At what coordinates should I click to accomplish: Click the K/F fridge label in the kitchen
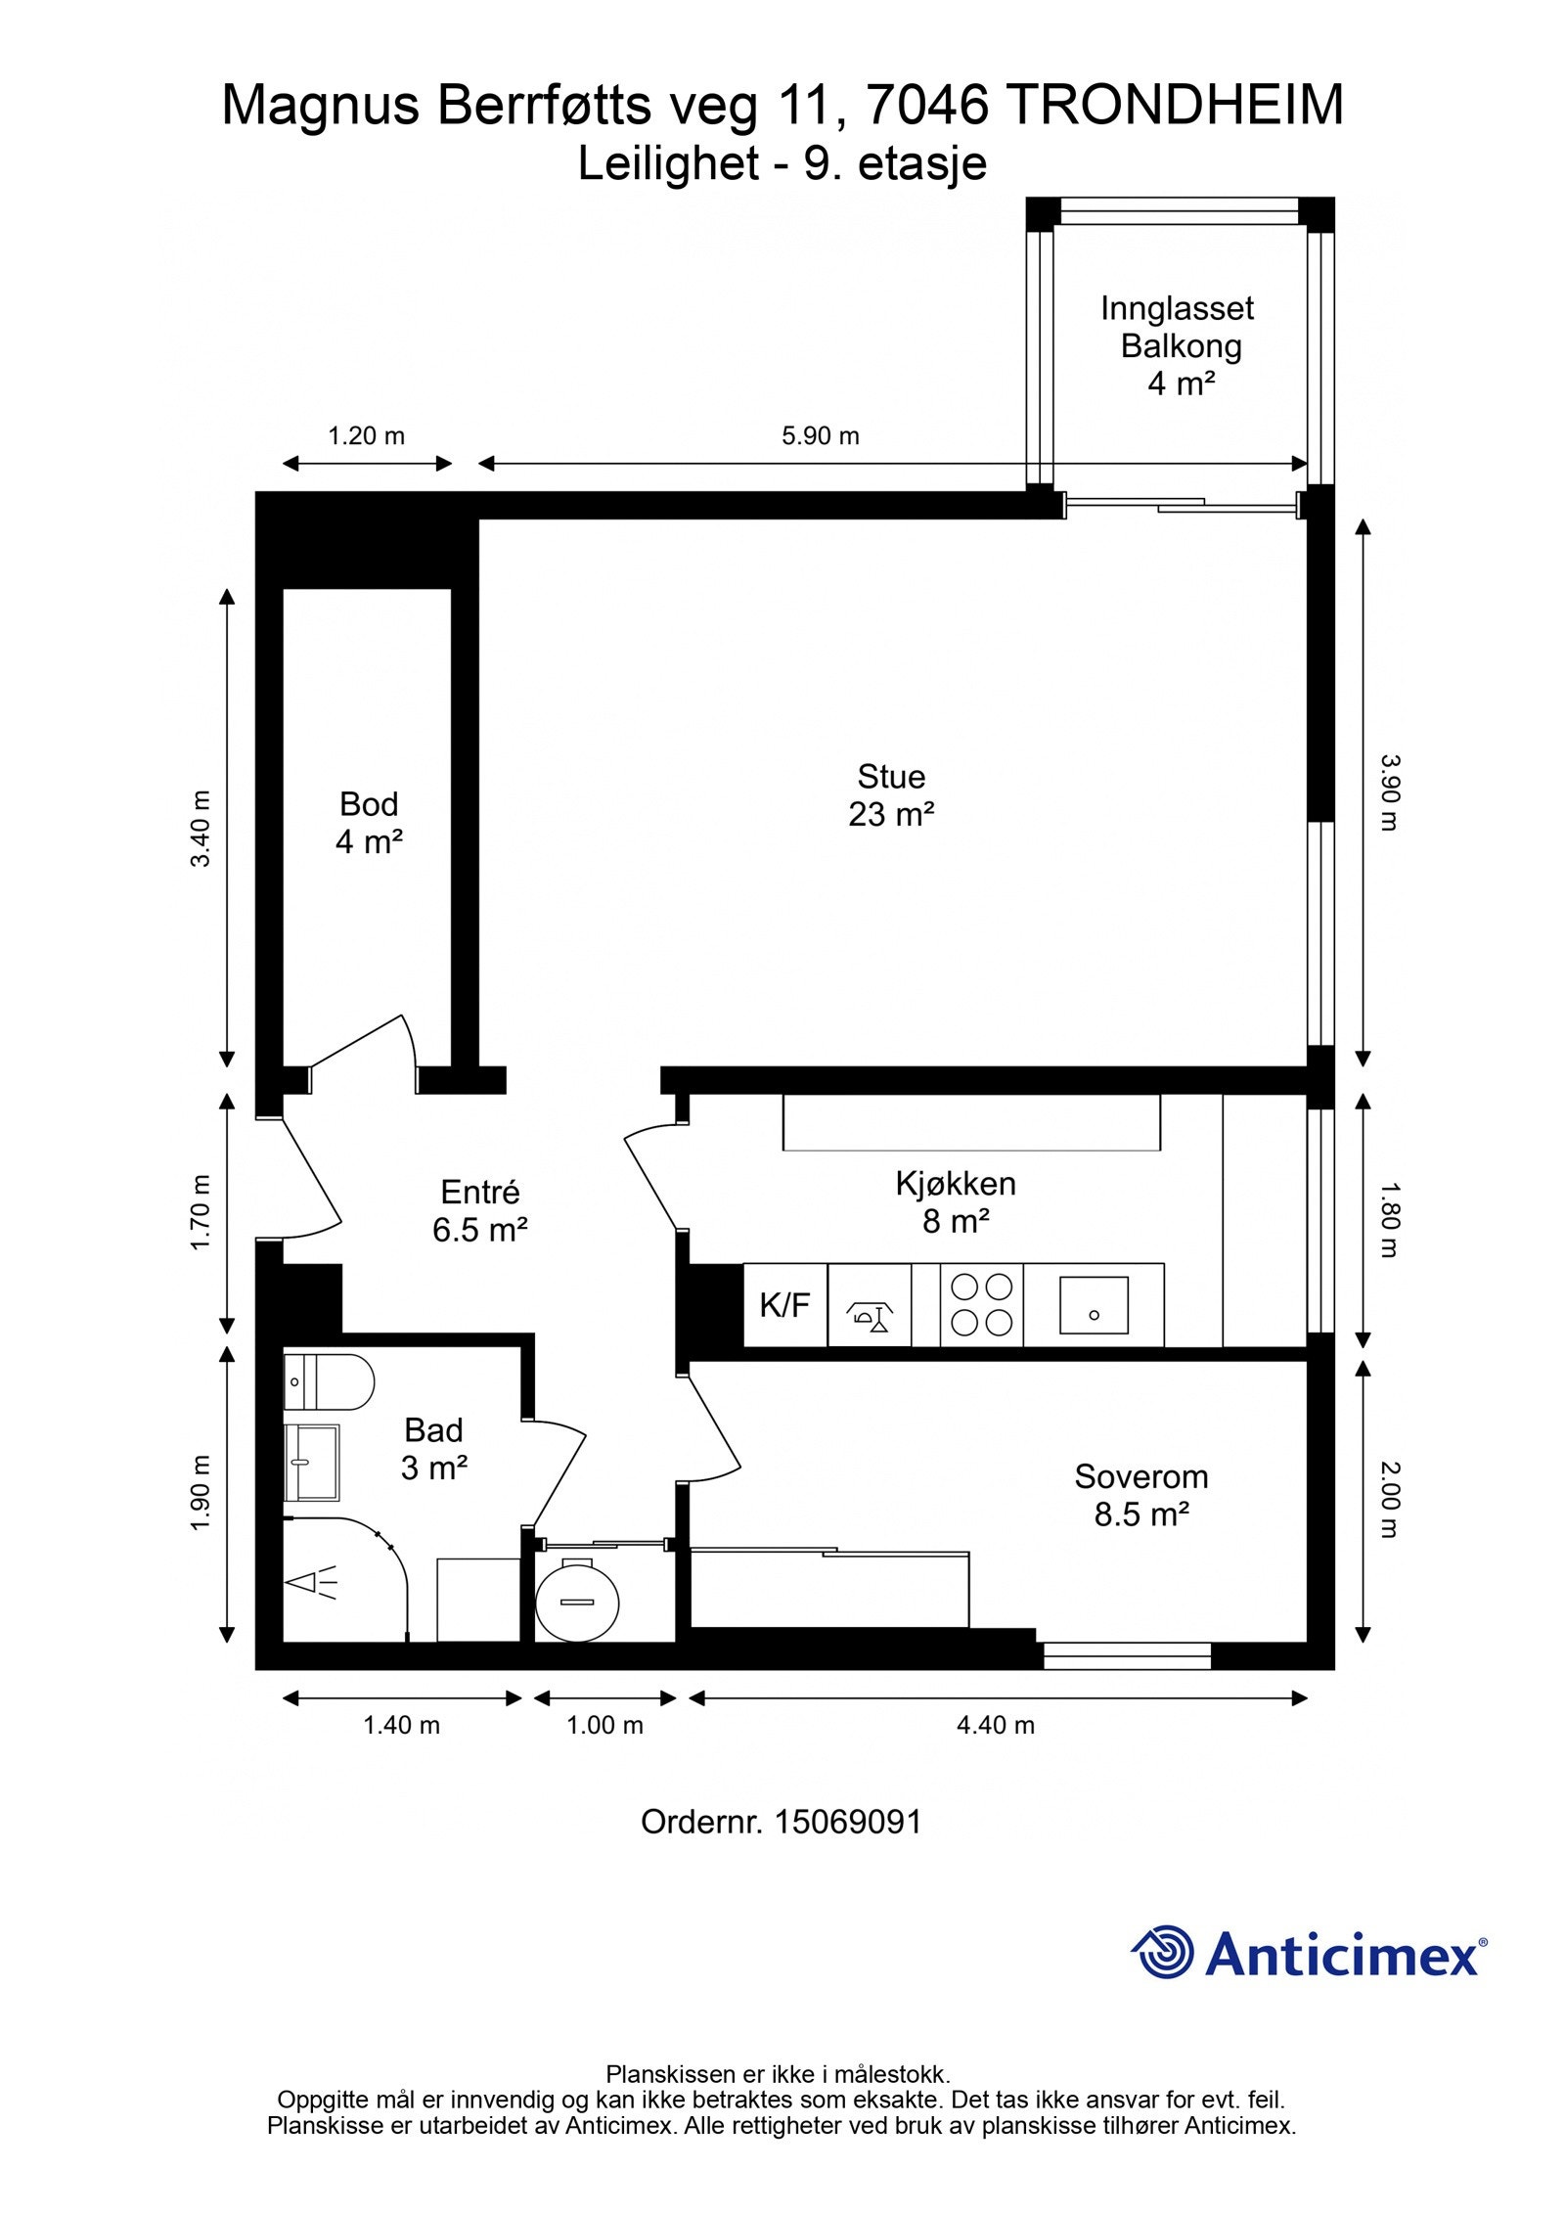pos(784,1304)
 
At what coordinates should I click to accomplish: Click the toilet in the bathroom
pos(329,1381)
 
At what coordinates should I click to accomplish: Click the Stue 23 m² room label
pos(891,794)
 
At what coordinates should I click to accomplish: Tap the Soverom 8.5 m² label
pos(1141,1495)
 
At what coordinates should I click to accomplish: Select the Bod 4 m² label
pos(369,822)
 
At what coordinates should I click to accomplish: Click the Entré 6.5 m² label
pos(480,1210)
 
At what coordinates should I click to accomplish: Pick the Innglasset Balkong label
pos(1178,327)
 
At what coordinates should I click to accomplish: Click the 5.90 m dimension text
pos(820,436)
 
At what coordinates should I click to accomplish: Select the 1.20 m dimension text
pos(366,436)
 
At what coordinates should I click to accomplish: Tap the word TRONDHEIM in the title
pos(1175,106)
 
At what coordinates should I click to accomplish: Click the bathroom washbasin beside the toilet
pos(312,1462)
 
